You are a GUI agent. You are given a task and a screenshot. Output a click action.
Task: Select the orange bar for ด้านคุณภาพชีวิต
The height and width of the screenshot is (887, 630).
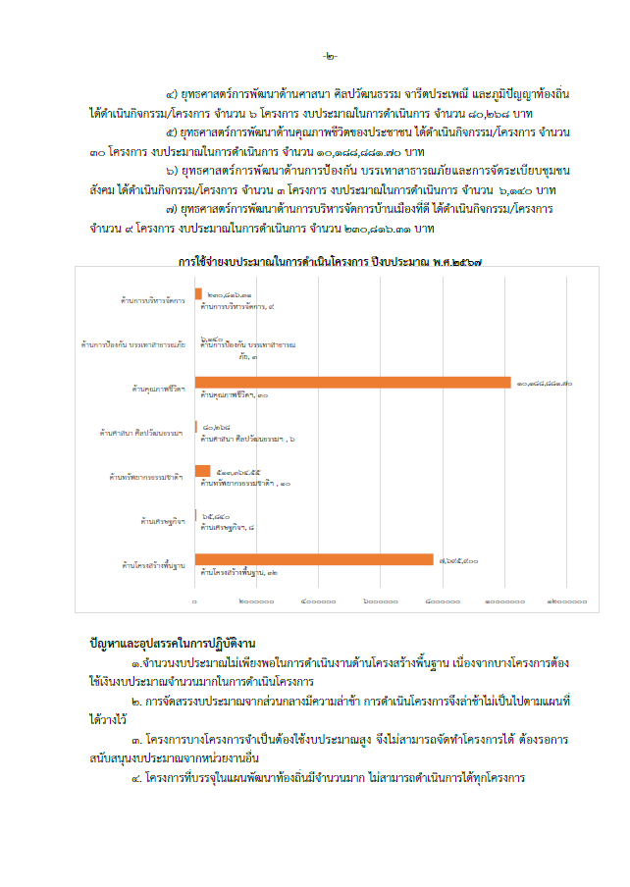352,382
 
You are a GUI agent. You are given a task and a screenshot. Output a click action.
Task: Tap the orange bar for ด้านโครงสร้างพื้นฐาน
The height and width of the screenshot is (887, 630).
313,559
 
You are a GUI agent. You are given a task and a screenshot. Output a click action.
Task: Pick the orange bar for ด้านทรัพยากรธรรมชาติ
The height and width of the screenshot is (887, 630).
202,471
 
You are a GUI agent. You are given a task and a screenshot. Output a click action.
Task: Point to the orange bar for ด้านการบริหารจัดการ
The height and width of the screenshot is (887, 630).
198,293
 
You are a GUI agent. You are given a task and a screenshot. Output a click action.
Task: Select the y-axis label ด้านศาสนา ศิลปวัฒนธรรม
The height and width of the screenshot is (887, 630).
141,433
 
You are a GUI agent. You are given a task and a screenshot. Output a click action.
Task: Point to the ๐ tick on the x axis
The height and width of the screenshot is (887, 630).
194,600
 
